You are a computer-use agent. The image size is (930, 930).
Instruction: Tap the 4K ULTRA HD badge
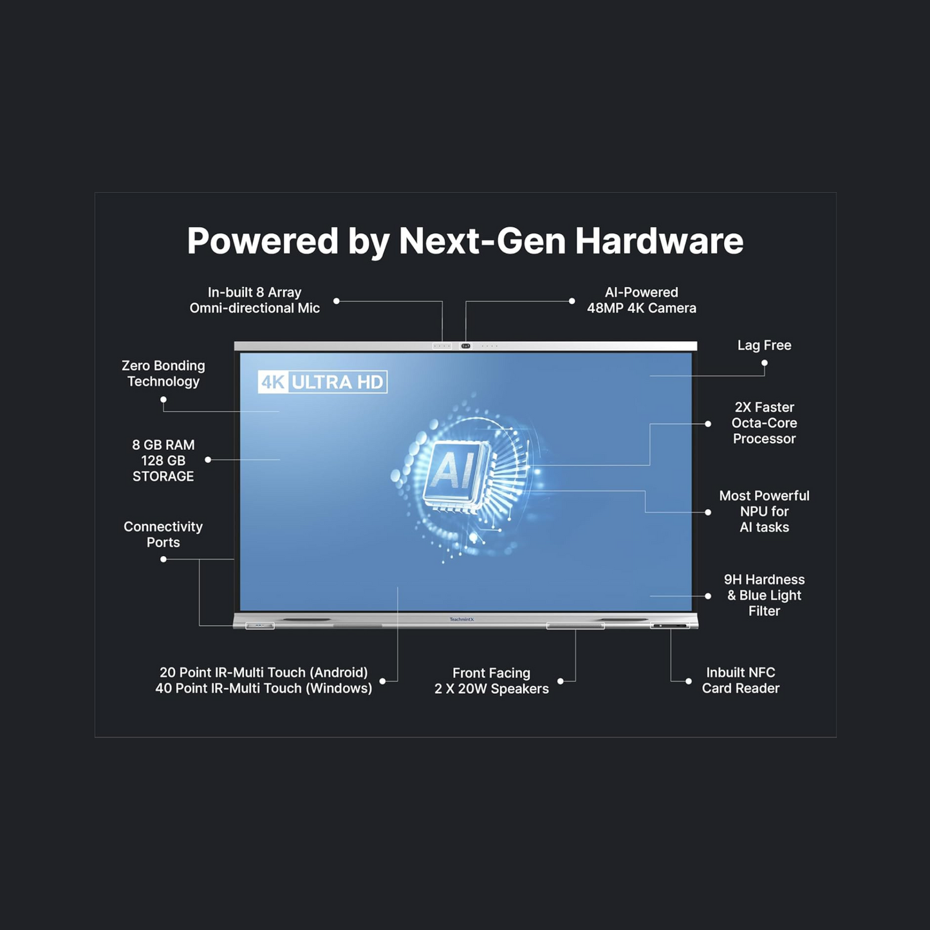point(322,382)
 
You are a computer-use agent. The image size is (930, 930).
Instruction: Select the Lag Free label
point(764,346)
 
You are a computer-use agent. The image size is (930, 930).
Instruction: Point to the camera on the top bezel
point(466,346)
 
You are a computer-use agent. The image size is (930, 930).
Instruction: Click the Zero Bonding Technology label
point(163,373)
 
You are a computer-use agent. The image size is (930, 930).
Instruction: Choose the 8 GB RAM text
point(163,445)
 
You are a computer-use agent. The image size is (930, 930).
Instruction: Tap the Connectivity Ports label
point(163,534)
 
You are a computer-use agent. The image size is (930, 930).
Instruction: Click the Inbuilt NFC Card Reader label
point(740,680)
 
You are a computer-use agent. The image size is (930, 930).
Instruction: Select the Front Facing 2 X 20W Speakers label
point(492,681)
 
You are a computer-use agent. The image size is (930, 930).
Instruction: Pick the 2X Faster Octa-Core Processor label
point(764,423)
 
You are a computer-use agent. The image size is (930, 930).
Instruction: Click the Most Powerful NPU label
point(764,511)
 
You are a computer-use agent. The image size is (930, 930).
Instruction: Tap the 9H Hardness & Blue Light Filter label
point(764,595)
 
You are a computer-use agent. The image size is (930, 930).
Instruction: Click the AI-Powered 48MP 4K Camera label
point(641,300)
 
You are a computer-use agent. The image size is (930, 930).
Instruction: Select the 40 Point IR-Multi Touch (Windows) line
point(264,689)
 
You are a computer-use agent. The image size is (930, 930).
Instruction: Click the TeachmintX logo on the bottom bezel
point(461,620)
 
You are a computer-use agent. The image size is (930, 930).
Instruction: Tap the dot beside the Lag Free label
point(765,363)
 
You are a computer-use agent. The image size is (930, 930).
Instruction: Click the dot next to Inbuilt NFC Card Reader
point(689,681)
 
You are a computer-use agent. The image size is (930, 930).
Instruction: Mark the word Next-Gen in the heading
point(481,241)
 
